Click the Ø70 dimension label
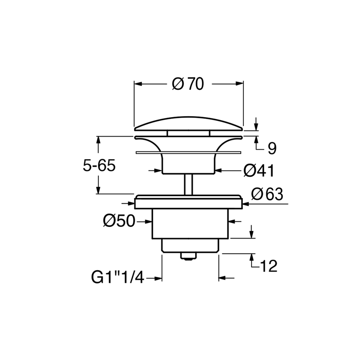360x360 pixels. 188,84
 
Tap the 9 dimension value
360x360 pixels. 272,148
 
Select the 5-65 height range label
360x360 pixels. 99,166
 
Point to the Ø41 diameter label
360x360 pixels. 259,171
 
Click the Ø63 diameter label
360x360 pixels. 267,194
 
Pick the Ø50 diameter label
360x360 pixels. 119,221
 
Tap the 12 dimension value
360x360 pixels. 268,266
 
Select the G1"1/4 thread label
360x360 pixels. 118,277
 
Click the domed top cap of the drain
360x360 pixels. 188,124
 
